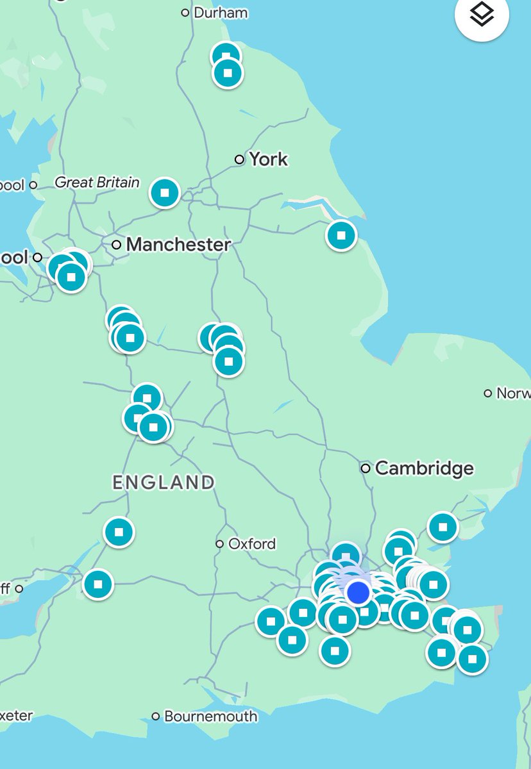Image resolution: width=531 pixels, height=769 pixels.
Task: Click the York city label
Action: [268, 159]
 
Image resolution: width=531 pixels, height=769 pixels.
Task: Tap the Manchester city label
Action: [178, 244]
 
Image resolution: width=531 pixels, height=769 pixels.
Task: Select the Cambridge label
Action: [424, 468]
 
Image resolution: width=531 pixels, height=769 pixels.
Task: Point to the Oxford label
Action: [252, 543]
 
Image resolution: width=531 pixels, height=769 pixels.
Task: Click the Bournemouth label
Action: [211, 716]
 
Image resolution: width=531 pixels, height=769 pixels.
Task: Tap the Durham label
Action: [220, 12]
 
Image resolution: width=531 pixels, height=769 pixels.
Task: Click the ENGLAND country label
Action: [164, 483]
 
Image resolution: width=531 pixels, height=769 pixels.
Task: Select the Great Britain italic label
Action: [97, 183]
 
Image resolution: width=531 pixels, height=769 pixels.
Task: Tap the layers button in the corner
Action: [482, 15]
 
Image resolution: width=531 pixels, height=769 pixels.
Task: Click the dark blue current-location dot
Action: [358, 592]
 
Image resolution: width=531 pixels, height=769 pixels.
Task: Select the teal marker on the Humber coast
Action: [341, 235]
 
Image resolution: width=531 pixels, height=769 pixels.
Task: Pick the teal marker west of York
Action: [165, 192]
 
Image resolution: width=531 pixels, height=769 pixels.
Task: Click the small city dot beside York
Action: [239, 159]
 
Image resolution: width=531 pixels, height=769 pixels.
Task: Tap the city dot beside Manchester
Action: [116, 244]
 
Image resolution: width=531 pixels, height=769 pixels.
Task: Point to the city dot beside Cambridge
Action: [366, 468]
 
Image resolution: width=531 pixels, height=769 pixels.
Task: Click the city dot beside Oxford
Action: [219, 543]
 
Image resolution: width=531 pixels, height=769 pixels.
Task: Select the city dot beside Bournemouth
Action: [156, 716]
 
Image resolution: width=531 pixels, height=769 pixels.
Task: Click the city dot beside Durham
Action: [185, 12]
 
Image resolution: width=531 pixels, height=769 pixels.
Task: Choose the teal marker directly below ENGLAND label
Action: [119, 532]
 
